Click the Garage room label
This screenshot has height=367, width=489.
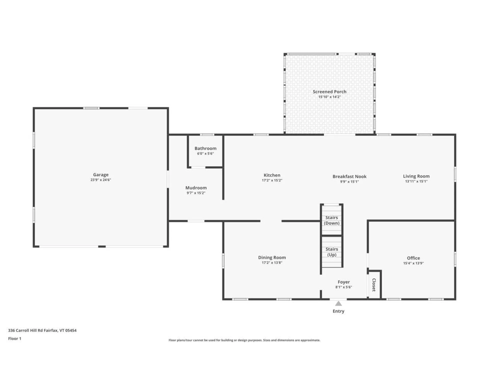(101, 175)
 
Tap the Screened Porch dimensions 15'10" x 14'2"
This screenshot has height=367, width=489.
(329, 97)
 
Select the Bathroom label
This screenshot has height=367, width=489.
(205, 148)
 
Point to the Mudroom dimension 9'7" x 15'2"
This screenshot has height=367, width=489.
(196, 193)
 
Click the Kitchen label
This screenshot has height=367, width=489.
(272, 175)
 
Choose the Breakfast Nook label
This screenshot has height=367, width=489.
(349, 176)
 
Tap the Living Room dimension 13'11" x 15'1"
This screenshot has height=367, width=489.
(416, 181)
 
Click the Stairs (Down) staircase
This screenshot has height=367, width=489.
(331, 220)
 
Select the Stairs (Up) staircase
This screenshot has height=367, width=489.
(331, 252)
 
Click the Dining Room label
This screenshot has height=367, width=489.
(272, 257)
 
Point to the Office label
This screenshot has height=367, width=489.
(413, 258)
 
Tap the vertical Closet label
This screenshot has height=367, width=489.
(374, 285)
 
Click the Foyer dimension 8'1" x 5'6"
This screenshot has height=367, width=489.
(343, 287)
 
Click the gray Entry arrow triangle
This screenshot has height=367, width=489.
(338, 304)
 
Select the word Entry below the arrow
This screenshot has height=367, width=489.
(338, 311)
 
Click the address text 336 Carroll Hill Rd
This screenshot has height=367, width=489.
(42, 330)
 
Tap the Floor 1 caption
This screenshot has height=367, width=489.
(15, 338)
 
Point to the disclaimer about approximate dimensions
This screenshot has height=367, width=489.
(244, 340)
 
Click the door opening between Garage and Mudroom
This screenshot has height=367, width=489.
(168, 179)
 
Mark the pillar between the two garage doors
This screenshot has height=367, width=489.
(102, 246)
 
